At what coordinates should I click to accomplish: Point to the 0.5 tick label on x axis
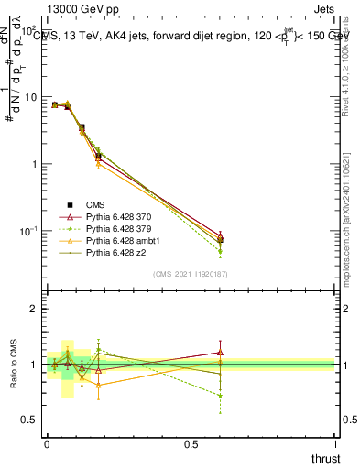(191, 443)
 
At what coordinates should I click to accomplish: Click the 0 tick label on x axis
(47, 443)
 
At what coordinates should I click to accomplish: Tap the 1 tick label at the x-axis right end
(335, 443)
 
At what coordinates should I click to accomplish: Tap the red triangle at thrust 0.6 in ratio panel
(220, 352)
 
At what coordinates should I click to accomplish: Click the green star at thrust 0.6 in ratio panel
(220, 396)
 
